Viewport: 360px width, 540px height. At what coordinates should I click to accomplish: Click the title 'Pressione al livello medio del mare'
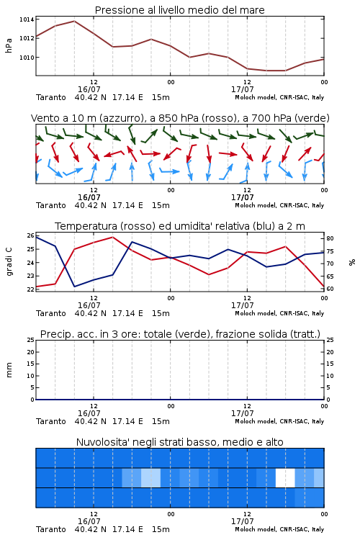coord(179,10)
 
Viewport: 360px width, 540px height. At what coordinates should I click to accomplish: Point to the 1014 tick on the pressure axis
coord(27,19)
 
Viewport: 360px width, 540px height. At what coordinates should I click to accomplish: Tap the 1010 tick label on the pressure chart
coord(27,58)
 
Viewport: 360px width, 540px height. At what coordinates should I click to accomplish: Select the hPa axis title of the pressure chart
coord(9,45)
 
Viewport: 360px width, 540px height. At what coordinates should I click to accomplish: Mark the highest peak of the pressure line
coord(74,21)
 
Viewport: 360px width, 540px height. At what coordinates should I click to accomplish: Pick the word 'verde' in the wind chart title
coord(312,118)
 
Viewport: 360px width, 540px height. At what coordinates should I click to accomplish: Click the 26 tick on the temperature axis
coord(31,236)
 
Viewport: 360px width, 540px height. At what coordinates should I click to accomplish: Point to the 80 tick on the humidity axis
coord(330,238)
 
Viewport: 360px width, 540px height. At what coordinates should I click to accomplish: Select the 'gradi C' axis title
coord(9,262)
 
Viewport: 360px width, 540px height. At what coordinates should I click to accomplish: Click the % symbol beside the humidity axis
coord(352,262)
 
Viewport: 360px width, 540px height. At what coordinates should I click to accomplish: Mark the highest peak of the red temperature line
coord(112,237)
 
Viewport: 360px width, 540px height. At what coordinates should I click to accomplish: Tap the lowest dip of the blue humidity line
coord(74,287)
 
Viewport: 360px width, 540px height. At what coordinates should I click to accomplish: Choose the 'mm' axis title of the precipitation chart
coord(9,370)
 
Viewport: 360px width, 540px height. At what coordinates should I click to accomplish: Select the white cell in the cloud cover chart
coord(285,477)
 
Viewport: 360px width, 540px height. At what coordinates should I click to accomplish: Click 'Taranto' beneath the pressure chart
coord(51,97)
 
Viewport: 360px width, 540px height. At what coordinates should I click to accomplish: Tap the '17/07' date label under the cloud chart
coord(243,521)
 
